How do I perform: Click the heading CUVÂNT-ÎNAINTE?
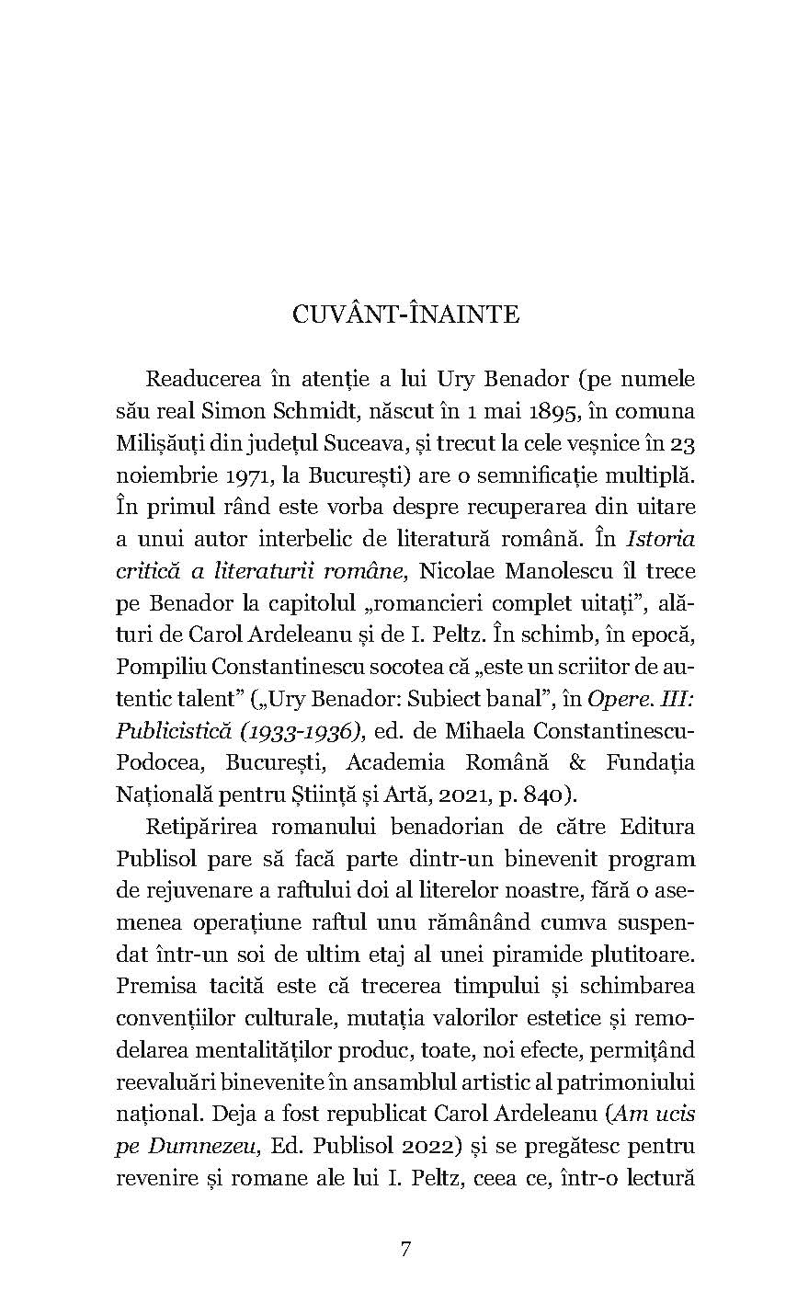[405, 315]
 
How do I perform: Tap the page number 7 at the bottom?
[405, 1248]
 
